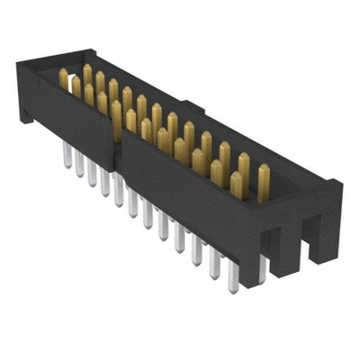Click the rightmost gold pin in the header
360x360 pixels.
coord(263,183)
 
